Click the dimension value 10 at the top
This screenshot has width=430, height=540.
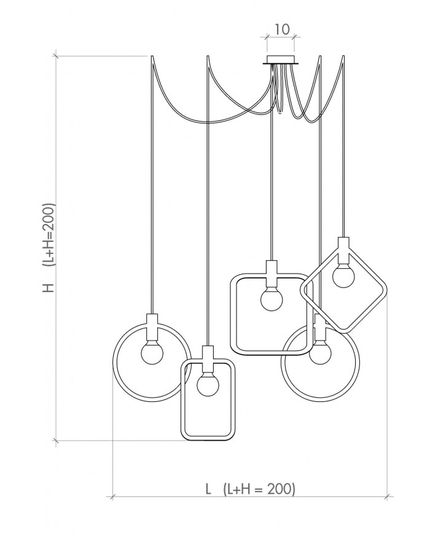point(281,29)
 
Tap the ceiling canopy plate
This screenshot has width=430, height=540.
point(281,60)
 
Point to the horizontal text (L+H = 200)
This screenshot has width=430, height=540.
point(260,489)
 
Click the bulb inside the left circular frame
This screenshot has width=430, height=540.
point(152,353)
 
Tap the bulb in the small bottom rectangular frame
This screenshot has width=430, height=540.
point(208,385)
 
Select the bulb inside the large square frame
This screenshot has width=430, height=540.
point(271,300)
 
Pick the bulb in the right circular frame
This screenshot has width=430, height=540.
point(319,354)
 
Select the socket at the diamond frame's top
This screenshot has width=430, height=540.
point(343,247)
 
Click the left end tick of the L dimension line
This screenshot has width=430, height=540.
point(112,495)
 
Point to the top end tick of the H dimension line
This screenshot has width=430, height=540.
point(57,56)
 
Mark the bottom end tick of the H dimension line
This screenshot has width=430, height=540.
point(57,440)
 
